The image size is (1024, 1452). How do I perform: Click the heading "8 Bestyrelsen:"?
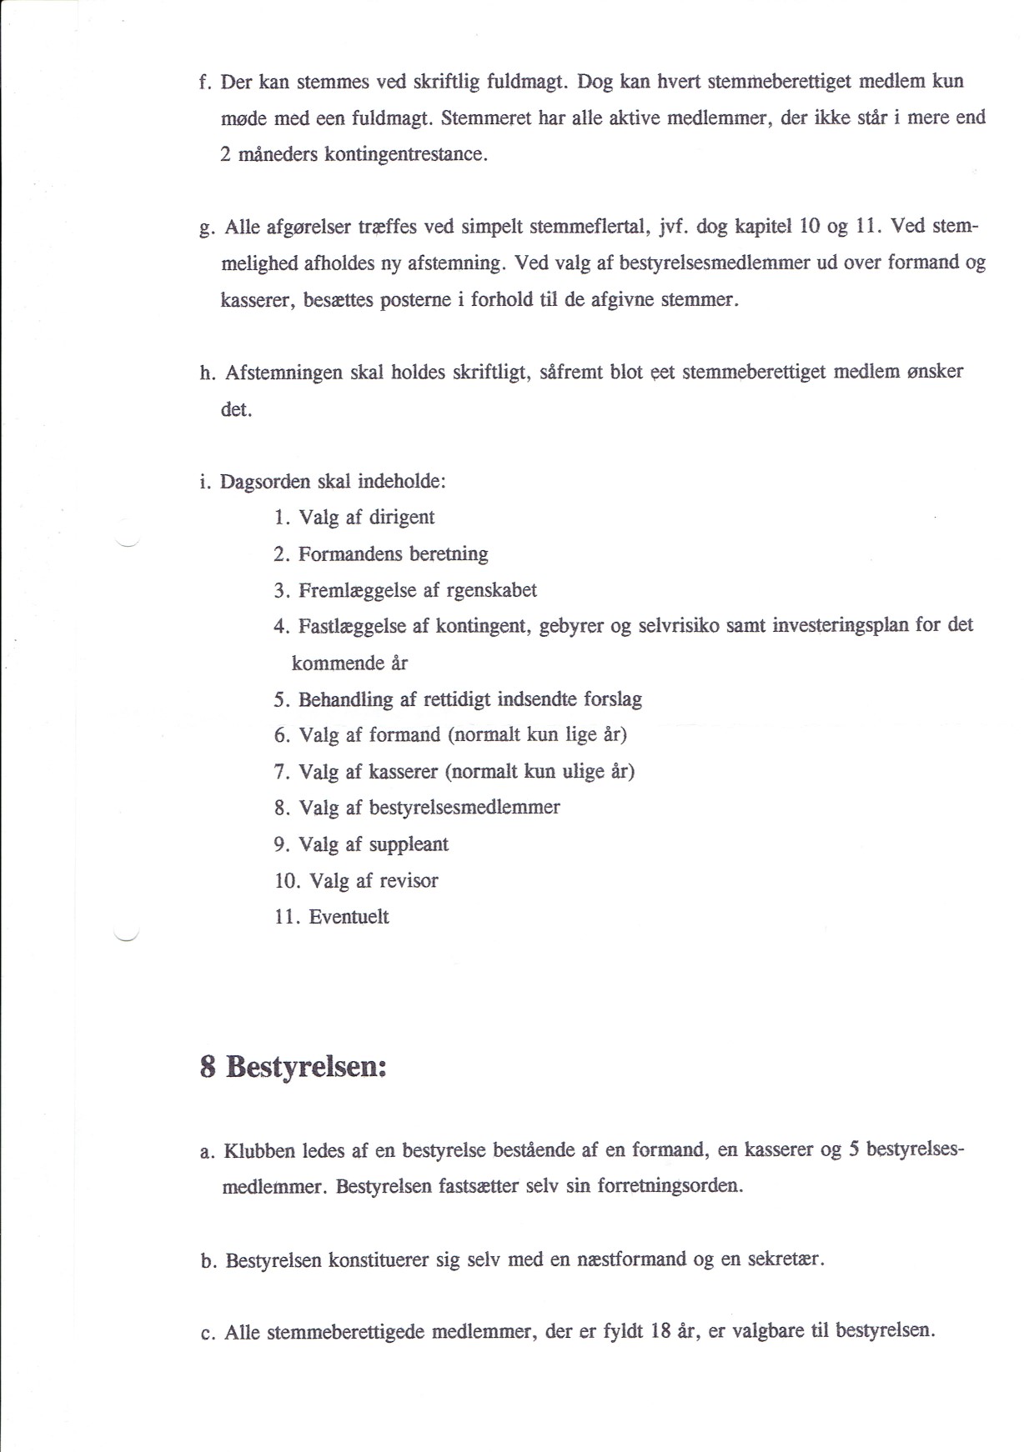tap(294, 1067)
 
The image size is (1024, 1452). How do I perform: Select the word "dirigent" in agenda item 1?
tap(401, 518)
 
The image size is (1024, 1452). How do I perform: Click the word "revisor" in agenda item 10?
tap(408, 881)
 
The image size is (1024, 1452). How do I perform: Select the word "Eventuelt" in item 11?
tap(349, 917)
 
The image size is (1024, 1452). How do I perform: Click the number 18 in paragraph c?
tap(660, 1331)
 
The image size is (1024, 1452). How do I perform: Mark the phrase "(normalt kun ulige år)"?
tap(540, 772)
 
